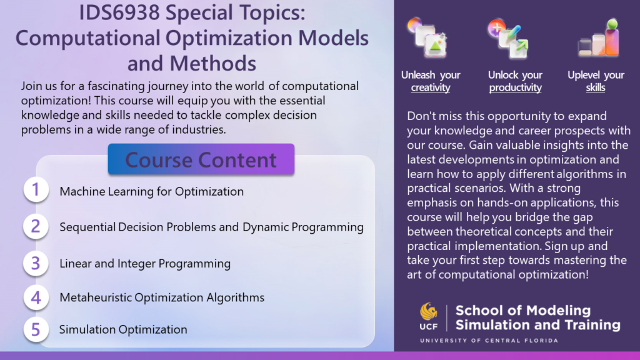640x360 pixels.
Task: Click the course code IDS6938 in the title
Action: tap(119, 12)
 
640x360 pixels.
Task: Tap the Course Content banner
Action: tap(201, 159)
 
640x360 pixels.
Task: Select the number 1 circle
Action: tap(36, 189)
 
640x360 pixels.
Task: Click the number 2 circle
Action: tap(36, 226)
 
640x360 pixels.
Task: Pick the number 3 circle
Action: tap(36, 263)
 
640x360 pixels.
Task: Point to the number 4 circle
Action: tap(36, 297)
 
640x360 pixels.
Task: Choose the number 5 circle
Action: tap(36, 329)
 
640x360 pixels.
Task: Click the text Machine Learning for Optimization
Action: tap(151, 191)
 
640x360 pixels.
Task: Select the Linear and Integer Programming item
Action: tap(145, 264)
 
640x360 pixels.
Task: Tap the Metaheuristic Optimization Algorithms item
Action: tap(162, 297)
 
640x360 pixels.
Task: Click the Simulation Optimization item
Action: tap(123, 329)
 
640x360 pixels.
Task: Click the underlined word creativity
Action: tap(431, 87)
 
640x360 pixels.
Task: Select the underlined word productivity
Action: tap(515, 87)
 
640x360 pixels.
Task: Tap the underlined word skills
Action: tap(596, 87)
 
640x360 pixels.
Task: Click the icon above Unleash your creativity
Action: tap(427, 37)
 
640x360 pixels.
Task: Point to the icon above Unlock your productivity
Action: tap(509, 38)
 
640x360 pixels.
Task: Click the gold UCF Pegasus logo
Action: tap(429, 312)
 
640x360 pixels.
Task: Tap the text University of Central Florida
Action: tap(489, 341)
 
